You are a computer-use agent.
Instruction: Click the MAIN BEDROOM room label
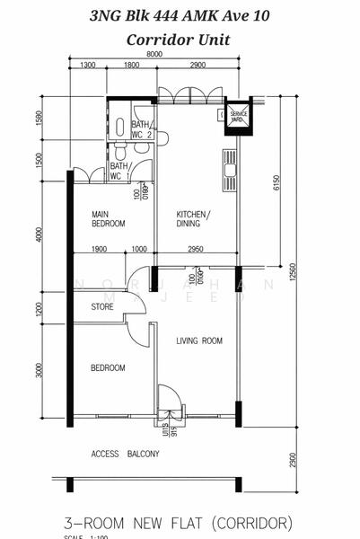click(108, 218)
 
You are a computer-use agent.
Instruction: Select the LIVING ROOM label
click(198, 340)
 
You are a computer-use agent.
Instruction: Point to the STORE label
click(102, 308)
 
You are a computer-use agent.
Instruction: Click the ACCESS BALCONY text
click(125, 455)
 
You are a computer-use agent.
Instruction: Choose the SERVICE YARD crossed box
click(238, 114)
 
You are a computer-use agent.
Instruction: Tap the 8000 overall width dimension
click(154, 55)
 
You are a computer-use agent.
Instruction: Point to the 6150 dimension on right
click(277, 183)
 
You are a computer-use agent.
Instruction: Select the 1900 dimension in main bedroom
click(99, 250)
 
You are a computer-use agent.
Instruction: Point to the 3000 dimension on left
click(39, 371)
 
